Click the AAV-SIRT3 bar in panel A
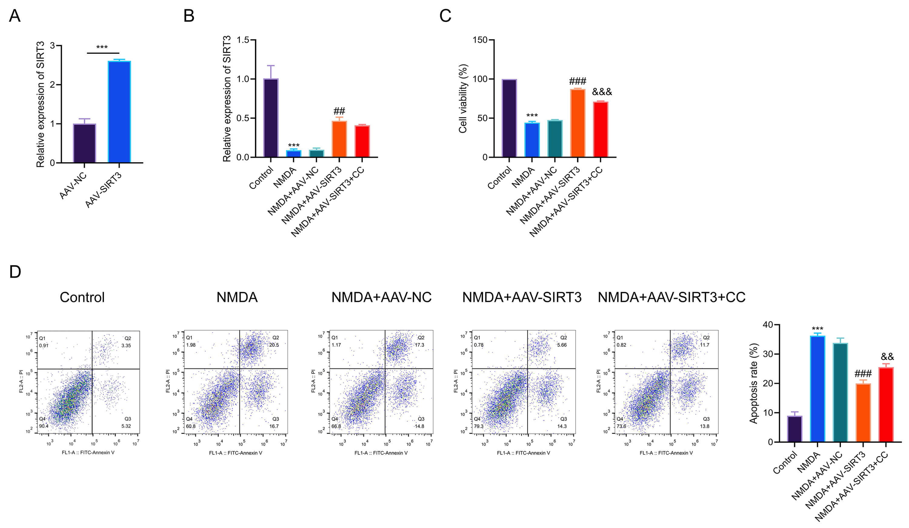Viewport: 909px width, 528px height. [x=119, y=112]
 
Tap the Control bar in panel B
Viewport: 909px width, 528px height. [x=271, y=118]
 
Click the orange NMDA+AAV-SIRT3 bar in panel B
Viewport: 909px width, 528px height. [x=339, y=139]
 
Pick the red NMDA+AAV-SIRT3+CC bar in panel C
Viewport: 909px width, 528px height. [x=601, y=129]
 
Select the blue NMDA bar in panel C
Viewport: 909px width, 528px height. [x=532, y=140]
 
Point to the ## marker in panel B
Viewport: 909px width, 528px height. [x=339, y=111]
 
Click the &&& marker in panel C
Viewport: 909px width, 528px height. [x=602, y=92]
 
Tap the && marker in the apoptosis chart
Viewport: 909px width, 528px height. [x=887, y=357]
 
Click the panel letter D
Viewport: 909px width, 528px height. [x=15, y=272]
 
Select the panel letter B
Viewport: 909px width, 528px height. [x=189, y=16]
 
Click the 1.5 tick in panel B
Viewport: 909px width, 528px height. [x=243, y=40]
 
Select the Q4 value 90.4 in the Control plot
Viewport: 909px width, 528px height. [x=44, y=426]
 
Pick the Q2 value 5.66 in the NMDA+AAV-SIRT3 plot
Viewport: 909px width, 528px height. [x=562, y=345]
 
